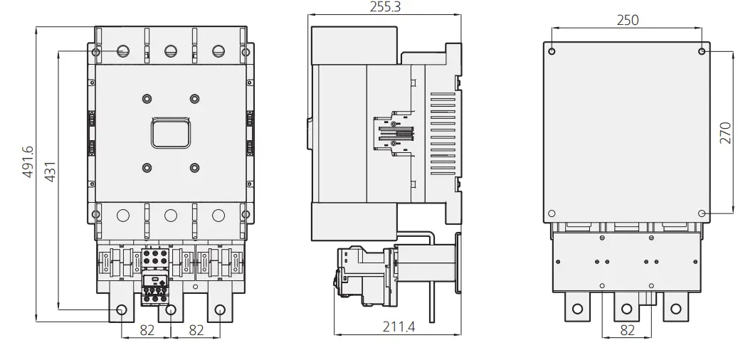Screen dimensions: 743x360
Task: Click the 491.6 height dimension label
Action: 28,162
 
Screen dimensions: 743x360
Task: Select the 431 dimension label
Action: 50,171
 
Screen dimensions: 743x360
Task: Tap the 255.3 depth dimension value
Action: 385,6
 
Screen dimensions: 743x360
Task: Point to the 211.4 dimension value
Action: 399,327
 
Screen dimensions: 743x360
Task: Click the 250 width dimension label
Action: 628,20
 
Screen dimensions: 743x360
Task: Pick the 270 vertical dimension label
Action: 725,133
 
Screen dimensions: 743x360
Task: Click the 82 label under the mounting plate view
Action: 627,330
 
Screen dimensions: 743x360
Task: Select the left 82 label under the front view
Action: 147,330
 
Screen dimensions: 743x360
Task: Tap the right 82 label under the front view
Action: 196,330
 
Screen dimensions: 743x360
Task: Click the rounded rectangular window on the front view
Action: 171,133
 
